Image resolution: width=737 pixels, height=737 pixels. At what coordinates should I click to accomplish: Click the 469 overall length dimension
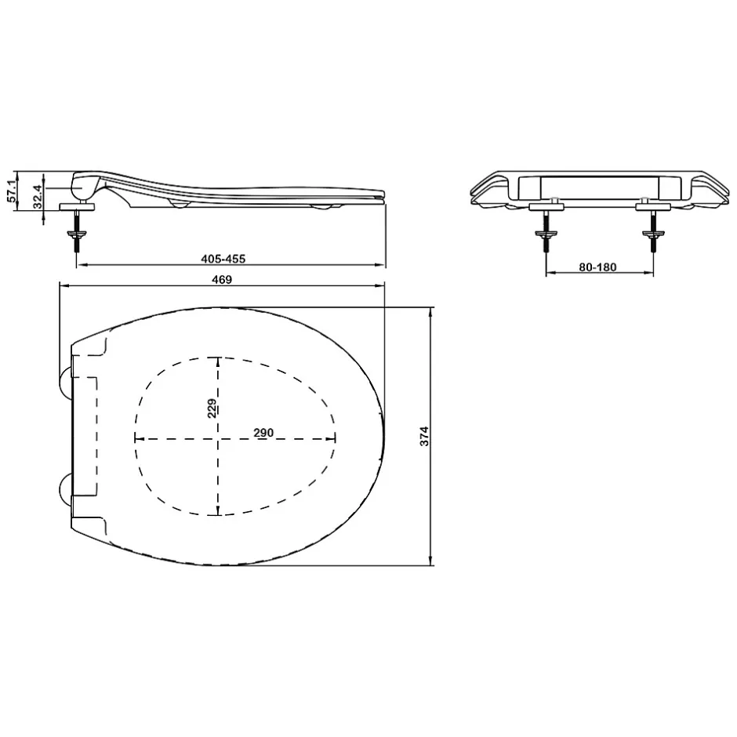tap(222, 280)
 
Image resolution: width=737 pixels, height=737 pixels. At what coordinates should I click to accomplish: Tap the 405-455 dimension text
tap(223, 259)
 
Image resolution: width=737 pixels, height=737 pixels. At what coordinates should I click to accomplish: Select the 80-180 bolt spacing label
tap(597, 267)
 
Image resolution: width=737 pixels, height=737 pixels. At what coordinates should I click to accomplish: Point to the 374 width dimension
tap(424, 436)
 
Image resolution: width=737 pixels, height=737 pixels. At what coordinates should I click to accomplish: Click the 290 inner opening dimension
tap(263, 433)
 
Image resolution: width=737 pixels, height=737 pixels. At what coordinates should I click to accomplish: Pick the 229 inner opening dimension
tap(212, 408)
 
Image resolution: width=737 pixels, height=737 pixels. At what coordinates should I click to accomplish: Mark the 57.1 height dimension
tap(12, 191)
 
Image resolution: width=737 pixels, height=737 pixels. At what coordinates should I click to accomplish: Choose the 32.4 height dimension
tap(37, 196)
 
